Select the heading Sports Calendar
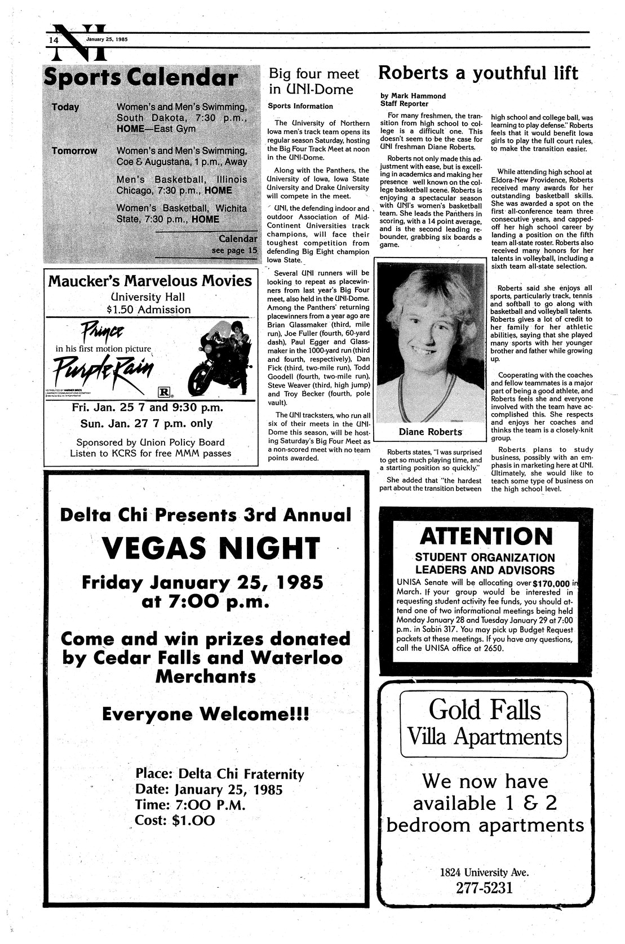pyautogui.click(x=140, y=78)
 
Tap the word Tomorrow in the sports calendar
pyautogui.click(x=74, y=151)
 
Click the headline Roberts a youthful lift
pyautogui.click(x=478, y=73)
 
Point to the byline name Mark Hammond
pyautogui.click(x=421, y=96)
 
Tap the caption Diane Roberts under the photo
pyautogui.click(x=430, y=432)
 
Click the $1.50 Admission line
pyautogui.click(x=149, y=309)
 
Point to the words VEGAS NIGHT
pyautogui.click(x=211, y=547)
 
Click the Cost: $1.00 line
pyautogui.click(x=175, y=820)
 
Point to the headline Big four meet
pyautogui.click(x=313, y=74)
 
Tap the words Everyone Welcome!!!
pyautogui.click(x=205, y=714)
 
